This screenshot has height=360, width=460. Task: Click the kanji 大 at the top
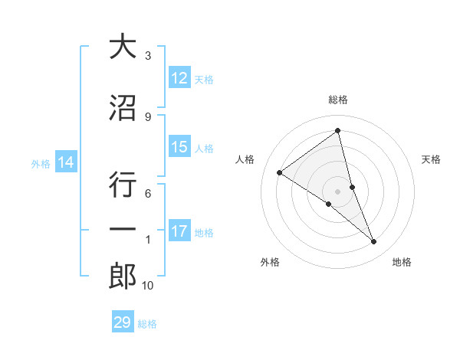[123, 47]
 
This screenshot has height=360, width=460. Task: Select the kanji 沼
[123, 108]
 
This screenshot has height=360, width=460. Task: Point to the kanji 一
[123, 230]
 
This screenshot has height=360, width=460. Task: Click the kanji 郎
[123, 276]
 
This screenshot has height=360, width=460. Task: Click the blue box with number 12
[179, 78]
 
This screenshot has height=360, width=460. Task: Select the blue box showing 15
[179, 147]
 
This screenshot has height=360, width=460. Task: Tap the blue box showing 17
[179, 231]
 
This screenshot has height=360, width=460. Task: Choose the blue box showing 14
[66, 162]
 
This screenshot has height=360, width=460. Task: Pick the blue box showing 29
[123, 322]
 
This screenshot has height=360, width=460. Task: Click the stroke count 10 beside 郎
[148, 286]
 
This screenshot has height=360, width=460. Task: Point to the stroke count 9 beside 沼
[148, 117]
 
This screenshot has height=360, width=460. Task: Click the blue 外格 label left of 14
[41, 163]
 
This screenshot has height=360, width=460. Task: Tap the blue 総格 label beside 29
[148, 324]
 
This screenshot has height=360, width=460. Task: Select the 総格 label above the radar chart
[337, 100]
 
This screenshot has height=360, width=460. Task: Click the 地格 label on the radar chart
[402, 262]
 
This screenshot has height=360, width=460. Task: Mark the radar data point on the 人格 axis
[280, 172]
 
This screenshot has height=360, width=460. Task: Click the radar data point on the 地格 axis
[374, 242]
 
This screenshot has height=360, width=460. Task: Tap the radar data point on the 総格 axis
[337, 131]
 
